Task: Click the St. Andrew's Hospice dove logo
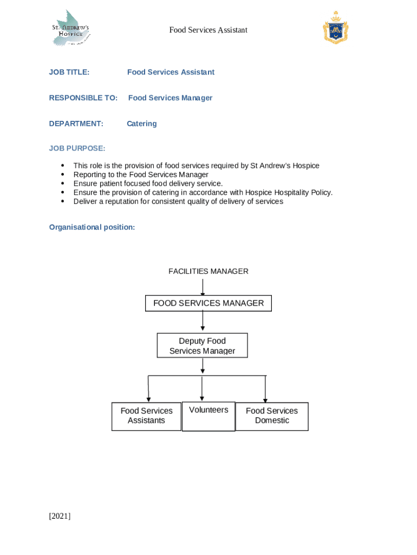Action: point(70,28)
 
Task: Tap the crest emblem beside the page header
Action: point(335,28)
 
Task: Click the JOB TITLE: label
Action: point(69,72)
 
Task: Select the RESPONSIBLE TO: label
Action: point(83,98)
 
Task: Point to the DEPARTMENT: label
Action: point(76,124)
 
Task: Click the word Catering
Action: point(142,124)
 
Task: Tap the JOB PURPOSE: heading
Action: point(77,149)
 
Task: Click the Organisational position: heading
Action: point(92,227)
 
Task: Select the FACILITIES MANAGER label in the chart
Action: point(208,271)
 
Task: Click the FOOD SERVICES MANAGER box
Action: point(208,303)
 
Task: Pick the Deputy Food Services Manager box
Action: point(203,346)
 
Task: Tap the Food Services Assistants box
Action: point(146,416)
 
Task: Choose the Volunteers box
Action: point(208,416)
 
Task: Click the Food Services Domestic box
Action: point(272,416)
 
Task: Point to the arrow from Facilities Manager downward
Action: point(203,287)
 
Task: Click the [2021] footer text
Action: point(60,516)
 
